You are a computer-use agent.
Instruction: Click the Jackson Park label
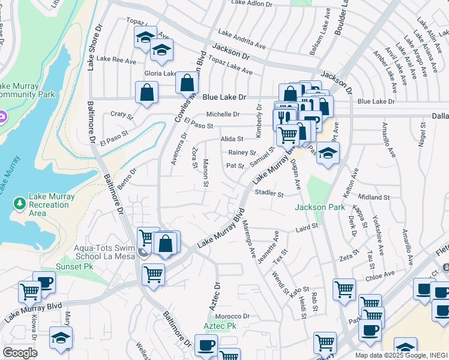pos(320,208)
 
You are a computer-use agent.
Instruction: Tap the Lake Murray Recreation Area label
pos(52,205)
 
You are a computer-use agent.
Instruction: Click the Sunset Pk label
pos(75,266)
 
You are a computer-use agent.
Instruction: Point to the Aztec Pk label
pos(217,326)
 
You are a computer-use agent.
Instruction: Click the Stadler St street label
pos(268,194)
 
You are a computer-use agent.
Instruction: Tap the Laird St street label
pos(306,229)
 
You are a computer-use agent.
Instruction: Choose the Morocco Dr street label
pos(228,316)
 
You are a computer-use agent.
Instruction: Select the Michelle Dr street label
pos(223,114)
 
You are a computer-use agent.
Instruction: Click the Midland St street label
pos(373,197)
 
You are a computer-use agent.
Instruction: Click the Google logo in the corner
pos(19,353)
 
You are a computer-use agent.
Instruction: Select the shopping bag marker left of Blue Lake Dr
pos(146,94)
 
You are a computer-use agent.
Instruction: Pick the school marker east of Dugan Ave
pos(328,153)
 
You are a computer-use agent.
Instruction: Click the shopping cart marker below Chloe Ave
pos(344,289)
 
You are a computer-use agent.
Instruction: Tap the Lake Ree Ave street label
pos(116,60)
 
